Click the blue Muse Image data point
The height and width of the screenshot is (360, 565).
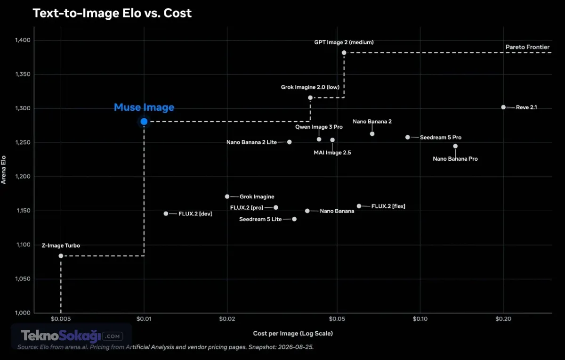[144, 122]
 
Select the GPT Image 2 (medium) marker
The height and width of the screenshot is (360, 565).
[344, 52]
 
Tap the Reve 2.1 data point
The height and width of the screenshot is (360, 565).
[503, 107]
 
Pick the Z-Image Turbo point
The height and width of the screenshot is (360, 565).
[61, 256]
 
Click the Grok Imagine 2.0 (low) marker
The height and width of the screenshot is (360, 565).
[310, 98]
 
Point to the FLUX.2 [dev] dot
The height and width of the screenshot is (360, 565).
[166, 213]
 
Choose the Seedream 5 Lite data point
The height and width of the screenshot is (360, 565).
[294, 219]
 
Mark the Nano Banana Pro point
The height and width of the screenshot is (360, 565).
[455, 146]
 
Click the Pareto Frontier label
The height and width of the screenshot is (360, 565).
[527, 47]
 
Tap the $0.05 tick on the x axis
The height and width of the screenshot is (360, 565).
[337, 319]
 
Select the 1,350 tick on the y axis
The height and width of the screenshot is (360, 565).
[23, 74]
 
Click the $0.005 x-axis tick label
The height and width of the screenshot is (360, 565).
[61, 319]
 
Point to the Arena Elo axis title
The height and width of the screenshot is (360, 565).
[3, 170]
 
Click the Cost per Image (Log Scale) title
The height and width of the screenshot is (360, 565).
[293, 333]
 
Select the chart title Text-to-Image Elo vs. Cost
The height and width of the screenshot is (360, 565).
[112, 13]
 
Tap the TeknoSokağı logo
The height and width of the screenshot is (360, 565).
[72, 336]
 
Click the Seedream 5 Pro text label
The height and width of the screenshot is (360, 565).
[440, 137]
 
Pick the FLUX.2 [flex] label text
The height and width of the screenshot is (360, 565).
[388, 206]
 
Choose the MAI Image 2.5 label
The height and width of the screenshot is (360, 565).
[332, 153]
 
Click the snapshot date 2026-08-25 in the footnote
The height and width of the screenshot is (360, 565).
[295, 347]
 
